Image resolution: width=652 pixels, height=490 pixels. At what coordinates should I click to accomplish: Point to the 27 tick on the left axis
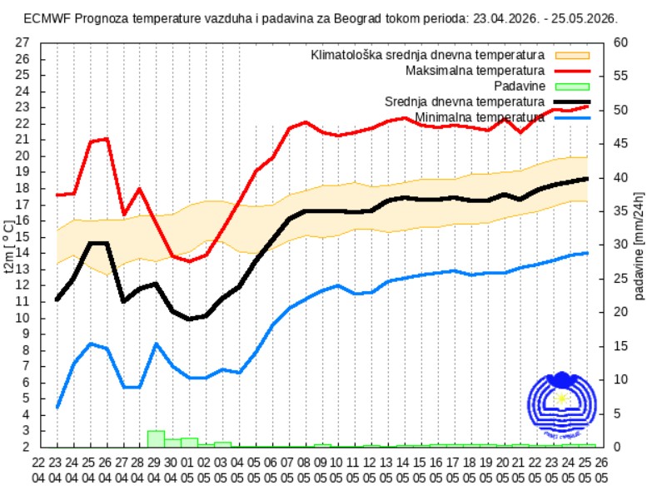click(23, 42)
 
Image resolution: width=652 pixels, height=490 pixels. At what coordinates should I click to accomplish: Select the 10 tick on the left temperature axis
click(23, 318)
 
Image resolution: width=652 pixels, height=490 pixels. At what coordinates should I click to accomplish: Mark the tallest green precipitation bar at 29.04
click(156, 438)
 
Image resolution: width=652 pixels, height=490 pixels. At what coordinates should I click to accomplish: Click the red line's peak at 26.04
click(106, 139)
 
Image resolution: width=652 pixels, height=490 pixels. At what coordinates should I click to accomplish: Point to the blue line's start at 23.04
click(57, 407)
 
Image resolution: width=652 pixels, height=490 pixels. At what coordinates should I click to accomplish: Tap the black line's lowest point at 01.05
click(189, 319)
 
